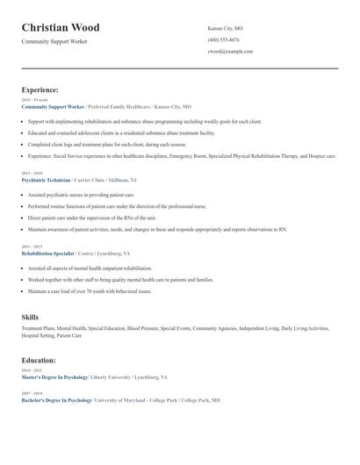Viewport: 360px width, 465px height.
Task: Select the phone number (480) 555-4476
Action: pos(223,40)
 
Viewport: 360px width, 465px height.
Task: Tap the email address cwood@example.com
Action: pos(230,52)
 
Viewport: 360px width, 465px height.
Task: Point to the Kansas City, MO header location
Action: pos(227,29)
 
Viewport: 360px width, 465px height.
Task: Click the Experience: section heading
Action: pos(40,89)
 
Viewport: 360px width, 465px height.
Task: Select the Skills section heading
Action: pos(30,316)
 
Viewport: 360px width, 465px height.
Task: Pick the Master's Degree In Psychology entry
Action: pos(54,376)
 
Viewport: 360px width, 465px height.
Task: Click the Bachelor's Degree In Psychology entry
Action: pos(56,399)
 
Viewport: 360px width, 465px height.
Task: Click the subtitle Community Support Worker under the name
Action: pos(54,41)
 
